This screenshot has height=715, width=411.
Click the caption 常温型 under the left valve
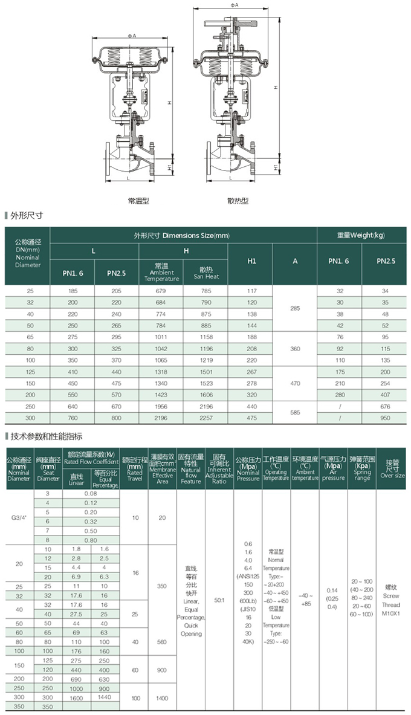pyautogui.click(x=138, y=199)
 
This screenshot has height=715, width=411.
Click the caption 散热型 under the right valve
pyautogui.click(x=238, y=200)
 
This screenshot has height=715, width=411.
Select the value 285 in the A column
pyautogui.click(x=295, y=308)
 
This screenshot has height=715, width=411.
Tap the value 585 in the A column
pyautogui.click(x=295, y=412)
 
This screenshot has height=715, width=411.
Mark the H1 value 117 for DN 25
pyautogui.click(x=251, y=291)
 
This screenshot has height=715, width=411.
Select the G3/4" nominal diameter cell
pyautogui.click(x=19, y=517)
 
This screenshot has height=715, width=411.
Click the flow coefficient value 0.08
pyautogui.click(x=91, y=493)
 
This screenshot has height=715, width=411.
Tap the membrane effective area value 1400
pyautogui.click(x=162, y=697)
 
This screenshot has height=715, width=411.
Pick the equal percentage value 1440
pyautogui.click(x=105, y=697)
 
